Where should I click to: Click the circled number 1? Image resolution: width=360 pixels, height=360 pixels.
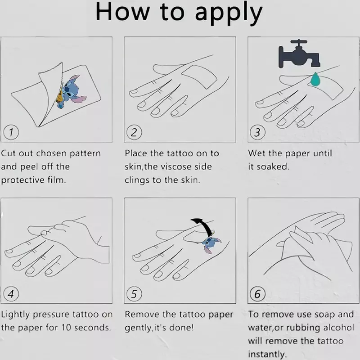point(11,132)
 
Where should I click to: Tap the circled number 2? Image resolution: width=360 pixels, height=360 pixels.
point(134,132)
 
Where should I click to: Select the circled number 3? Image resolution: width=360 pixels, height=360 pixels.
point(257,132)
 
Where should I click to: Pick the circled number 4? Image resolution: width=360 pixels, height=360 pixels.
point(11,294)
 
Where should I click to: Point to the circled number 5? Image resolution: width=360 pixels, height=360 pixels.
point(134,294)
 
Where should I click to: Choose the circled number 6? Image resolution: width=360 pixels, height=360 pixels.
point(257,294)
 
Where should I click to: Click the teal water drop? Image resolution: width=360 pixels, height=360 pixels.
point(315,79)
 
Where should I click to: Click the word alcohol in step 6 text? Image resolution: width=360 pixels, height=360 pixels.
point(339,328)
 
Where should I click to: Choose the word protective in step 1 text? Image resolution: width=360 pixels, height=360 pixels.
point(23,180)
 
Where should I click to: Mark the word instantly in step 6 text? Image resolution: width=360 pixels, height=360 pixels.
point(267,355)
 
